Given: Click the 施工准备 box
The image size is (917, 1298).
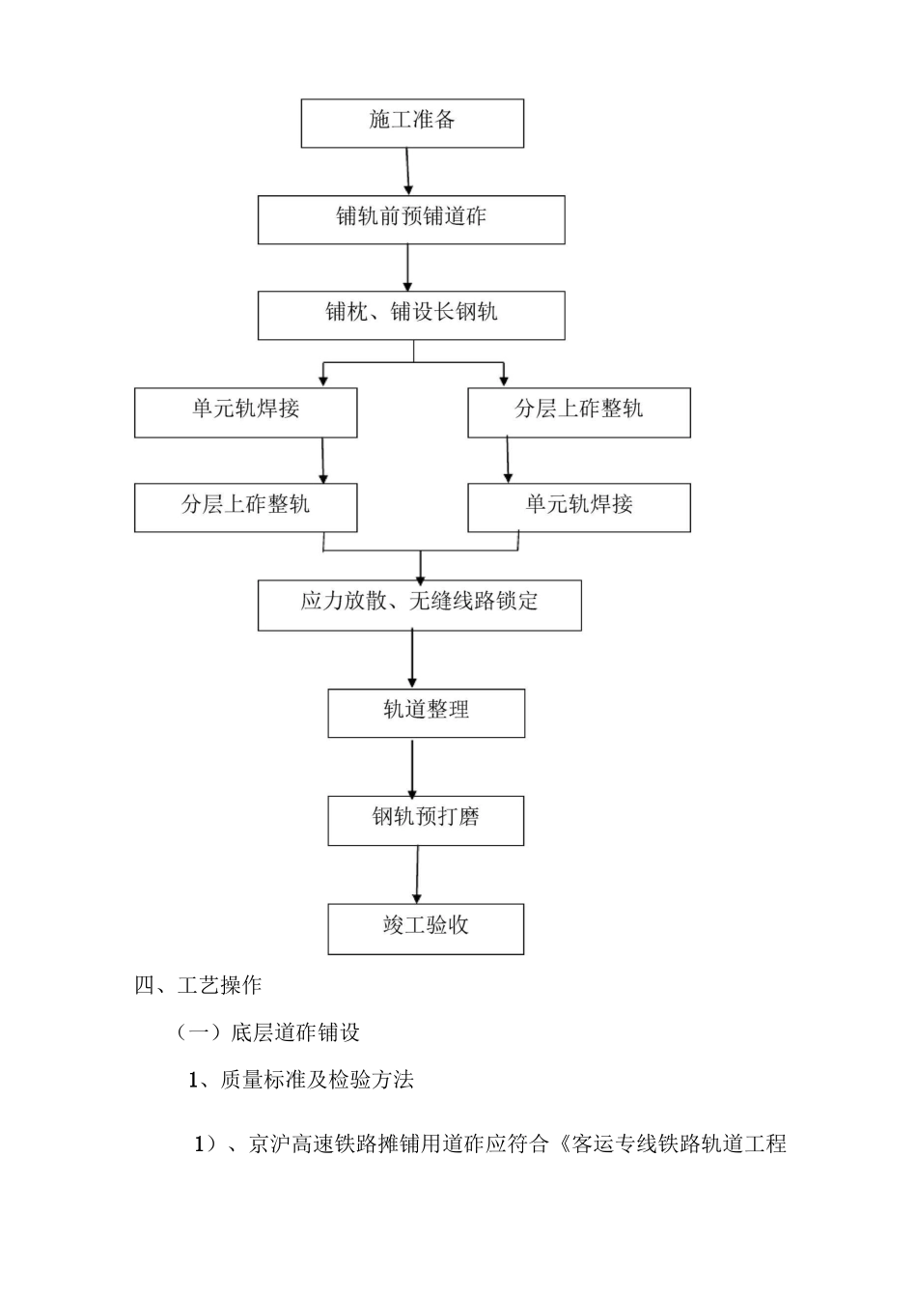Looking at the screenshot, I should pyautogui.click(x=412, y=123).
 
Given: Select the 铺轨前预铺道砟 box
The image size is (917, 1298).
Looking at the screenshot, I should pyautogui.click(x=411, y=219).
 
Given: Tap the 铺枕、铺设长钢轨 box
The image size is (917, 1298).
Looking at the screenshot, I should pyautogui.click(x=411, y=315).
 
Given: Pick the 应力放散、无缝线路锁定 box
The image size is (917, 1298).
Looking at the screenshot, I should pyautogui.click(x=419, y=605).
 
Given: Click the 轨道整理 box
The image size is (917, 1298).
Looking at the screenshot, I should pyautogui.click(x=426, y=713).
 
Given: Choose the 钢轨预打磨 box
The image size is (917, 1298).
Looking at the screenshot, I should pyautogui.click(x=426, y=820).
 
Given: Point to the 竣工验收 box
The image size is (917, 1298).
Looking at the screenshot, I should pyautogui.click(x=426, y=928).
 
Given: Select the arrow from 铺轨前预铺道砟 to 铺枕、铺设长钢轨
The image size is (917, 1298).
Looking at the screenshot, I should pyautogui.click(x=408, y=268).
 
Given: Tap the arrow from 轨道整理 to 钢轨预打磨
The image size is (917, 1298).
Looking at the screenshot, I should pyautogui.click(x=412, y=767).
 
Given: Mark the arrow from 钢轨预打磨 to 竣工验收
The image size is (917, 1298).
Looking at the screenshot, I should pyautogui.click(x=417, y=875).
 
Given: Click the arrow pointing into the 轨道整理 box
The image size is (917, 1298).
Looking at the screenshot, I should pyautogui.click(x=412, y=660).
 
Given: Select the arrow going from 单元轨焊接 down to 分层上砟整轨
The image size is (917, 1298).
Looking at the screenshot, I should pyautogui.click(x=323, y=460).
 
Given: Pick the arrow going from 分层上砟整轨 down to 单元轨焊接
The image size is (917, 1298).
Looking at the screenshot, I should pyautogui.click(x=508, y=460).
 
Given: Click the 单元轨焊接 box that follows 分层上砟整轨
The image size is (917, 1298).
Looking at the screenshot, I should pyautogui.click(x=579, y=507).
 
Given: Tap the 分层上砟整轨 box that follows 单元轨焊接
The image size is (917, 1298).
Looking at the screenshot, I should pyautogui.click(x=245, y=507).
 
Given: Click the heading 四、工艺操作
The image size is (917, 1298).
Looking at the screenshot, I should pyautogui.click(x=198, y=985).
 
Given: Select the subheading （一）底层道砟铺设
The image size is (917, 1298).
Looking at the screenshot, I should pyautogui.click(x=267, y=1032).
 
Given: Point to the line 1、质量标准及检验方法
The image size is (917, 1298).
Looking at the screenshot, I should pyautogui.click(x=300, y=1080).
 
